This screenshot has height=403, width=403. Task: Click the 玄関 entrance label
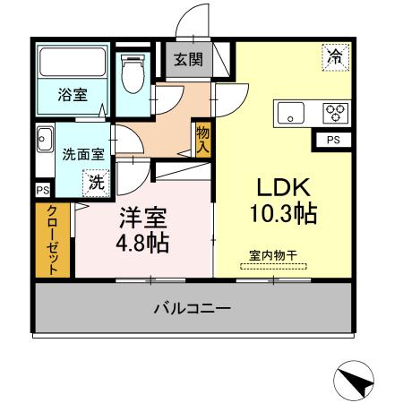188,61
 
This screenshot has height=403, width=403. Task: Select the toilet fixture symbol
133,75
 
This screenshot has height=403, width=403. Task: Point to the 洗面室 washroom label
83,152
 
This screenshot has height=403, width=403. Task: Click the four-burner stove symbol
336,112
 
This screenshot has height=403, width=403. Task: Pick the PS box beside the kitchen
333,140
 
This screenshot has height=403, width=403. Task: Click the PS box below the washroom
42,191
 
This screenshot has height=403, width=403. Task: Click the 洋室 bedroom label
142,219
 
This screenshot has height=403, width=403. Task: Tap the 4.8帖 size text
142,243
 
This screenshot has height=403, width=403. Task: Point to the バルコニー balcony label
192,308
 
